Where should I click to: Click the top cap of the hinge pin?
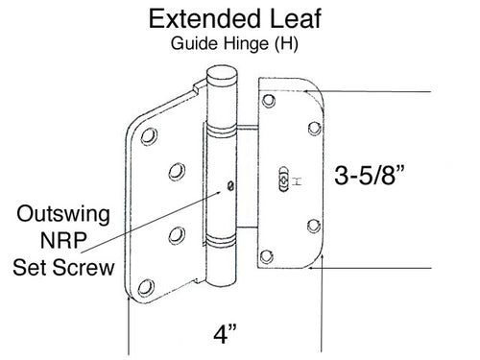(x=223, y=75)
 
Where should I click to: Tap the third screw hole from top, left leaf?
(x=177, y=232)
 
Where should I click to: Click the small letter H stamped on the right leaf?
(x=297, y=179)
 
